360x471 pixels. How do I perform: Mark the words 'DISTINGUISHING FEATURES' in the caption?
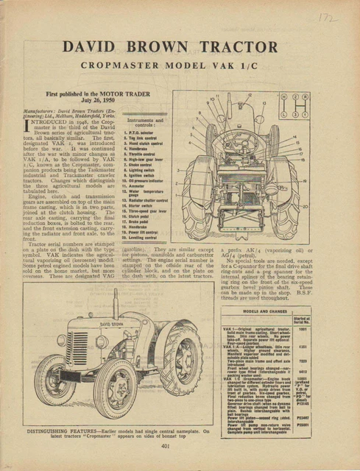point(65,428)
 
